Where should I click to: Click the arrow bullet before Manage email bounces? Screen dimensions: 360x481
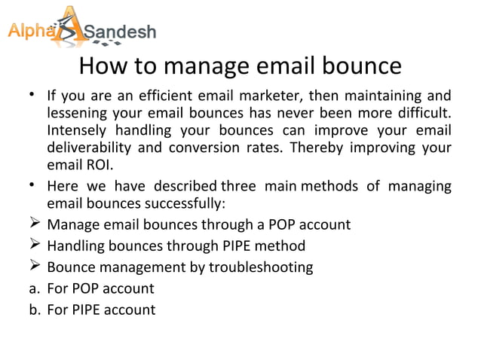pos(34,225)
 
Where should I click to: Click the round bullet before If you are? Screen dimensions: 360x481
pos(33,96)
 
